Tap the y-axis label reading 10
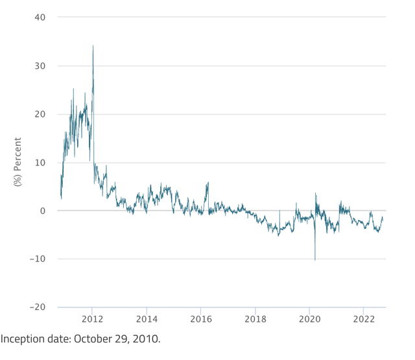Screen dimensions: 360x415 point(40,163)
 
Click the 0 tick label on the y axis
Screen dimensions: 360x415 point(43,211)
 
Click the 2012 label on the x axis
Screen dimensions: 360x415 point(92,319)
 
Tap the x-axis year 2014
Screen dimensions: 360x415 point(147,319)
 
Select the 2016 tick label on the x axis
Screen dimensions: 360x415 point(201,319)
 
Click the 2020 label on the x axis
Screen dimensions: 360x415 point(309,319)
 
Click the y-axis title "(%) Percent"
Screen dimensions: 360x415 point(18,162)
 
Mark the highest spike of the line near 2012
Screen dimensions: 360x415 point(93,45)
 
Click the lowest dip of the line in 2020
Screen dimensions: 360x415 point(315,260)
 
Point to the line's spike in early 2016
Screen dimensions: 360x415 point(207,183)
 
